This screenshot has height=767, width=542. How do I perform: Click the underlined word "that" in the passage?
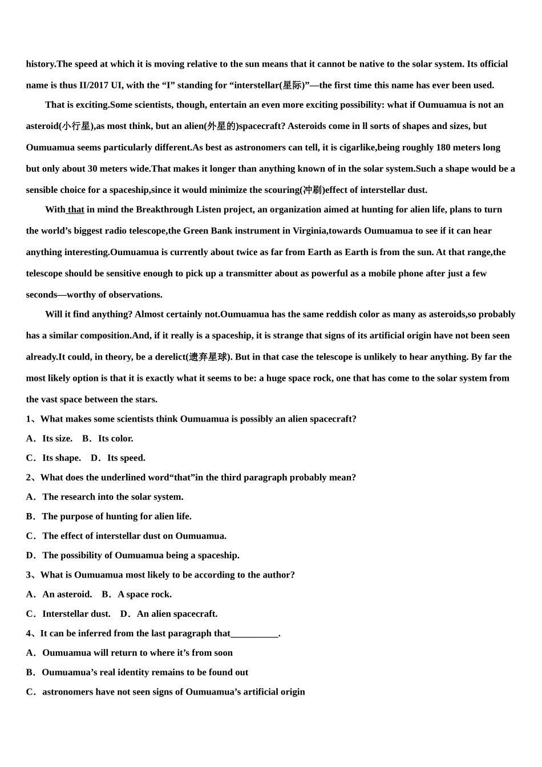click(76, 209)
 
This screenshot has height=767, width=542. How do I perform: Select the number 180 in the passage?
click(443, 147)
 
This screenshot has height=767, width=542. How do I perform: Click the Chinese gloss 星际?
click(292, 86)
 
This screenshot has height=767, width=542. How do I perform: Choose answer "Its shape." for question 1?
click(61, 458)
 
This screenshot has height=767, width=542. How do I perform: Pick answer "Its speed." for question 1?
click(126, 458)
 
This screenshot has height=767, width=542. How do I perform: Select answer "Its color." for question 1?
click(115, 438)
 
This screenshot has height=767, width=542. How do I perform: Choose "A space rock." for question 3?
click(144, 594)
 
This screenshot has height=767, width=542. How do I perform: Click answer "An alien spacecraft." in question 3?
click(177, 613)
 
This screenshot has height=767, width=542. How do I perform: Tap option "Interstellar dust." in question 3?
click(76, 613)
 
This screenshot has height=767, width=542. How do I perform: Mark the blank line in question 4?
click(254, 633)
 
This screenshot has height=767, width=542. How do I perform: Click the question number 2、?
click(33, 477)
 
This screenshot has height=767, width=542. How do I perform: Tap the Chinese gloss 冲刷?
click(312, 190)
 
